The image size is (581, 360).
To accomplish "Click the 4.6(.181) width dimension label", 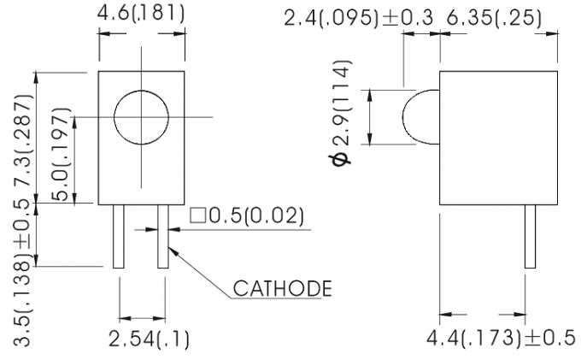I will click(141, 14).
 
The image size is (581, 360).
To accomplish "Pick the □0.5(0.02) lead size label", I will click(247, 217).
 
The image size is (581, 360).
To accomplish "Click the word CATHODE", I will click(282, 288).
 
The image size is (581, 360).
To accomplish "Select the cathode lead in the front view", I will click(163, 237).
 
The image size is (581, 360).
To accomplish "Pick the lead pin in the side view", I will click(530, 237).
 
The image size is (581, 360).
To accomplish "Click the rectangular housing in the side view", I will click(487, 137).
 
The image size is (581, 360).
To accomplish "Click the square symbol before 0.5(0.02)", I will click(197, 217).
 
